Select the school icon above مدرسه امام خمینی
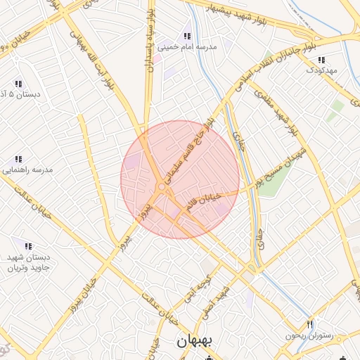pos(186,36)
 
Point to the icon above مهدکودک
pos(321,60)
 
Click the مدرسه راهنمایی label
pos(25,170)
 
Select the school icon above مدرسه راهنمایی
pos(19,159)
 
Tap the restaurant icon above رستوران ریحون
pos(309,324)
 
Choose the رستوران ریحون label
pos(307,336)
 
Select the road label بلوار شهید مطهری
pos(288,110)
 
